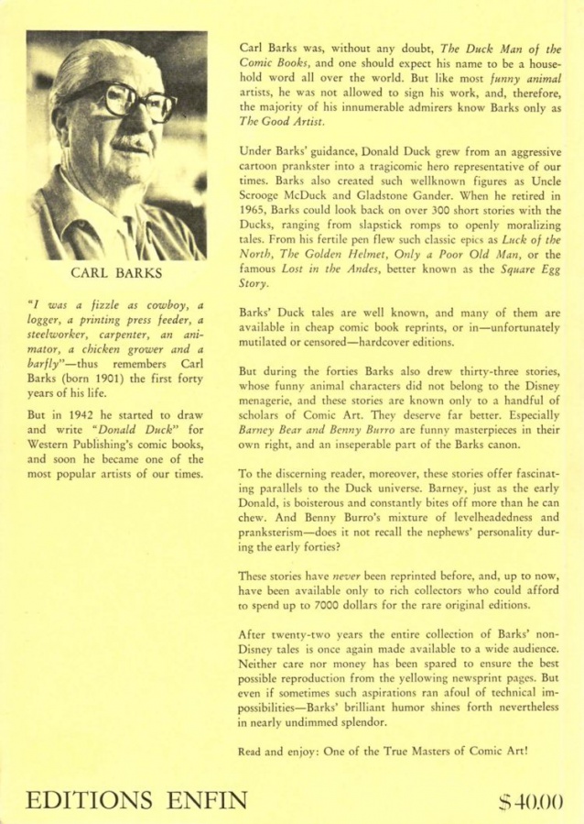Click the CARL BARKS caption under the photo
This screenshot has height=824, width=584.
pyautogui.click(x=115, y=272)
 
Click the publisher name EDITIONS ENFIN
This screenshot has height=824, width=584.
pyautogui.click(x=136, y=799)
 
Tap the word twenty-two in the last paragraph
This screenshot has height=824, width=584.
pyautogui.click(x=306, y=633)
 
